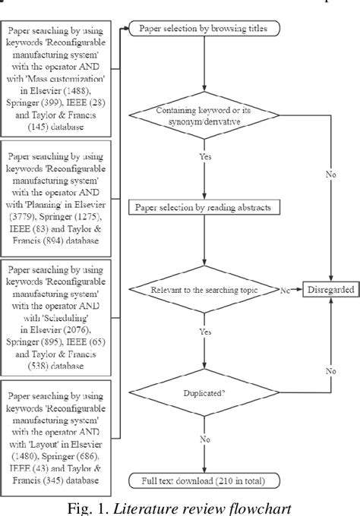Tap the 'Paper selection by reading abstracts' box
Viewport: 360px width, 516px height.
pyautogui.click(x=204, y=207)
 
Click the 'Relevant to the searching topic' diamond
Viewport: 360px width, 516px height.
pyautogui.click(x=204, y=289)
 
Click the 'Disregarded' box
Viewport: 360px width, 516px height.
pyautogui.click(x=330, y=289)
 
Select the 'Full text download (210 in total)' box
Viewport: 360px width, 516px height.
pyautogui.click(x=204, y=480)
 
